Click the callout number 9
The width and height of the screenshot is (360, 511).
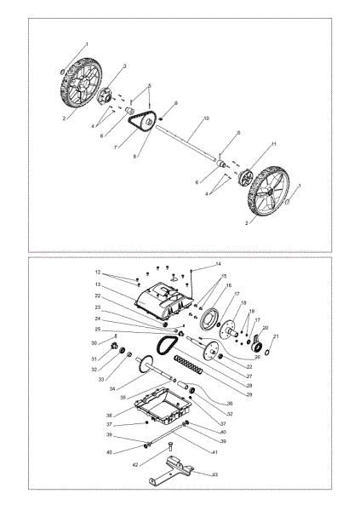coord(174,103)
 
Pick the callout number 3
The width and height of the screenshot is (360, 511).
coord(124,66)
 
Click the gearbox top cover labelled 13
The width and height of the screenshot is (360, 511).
coord(161,299)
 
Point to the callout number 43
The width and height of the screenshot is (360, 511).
coord(214,474)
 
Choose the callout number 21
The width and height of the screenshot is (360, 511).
coord(275,337)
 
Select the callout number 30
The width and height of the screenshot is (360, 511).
coord(106,343)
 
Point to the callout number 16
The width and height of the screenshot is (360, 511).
coord(227,285)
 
